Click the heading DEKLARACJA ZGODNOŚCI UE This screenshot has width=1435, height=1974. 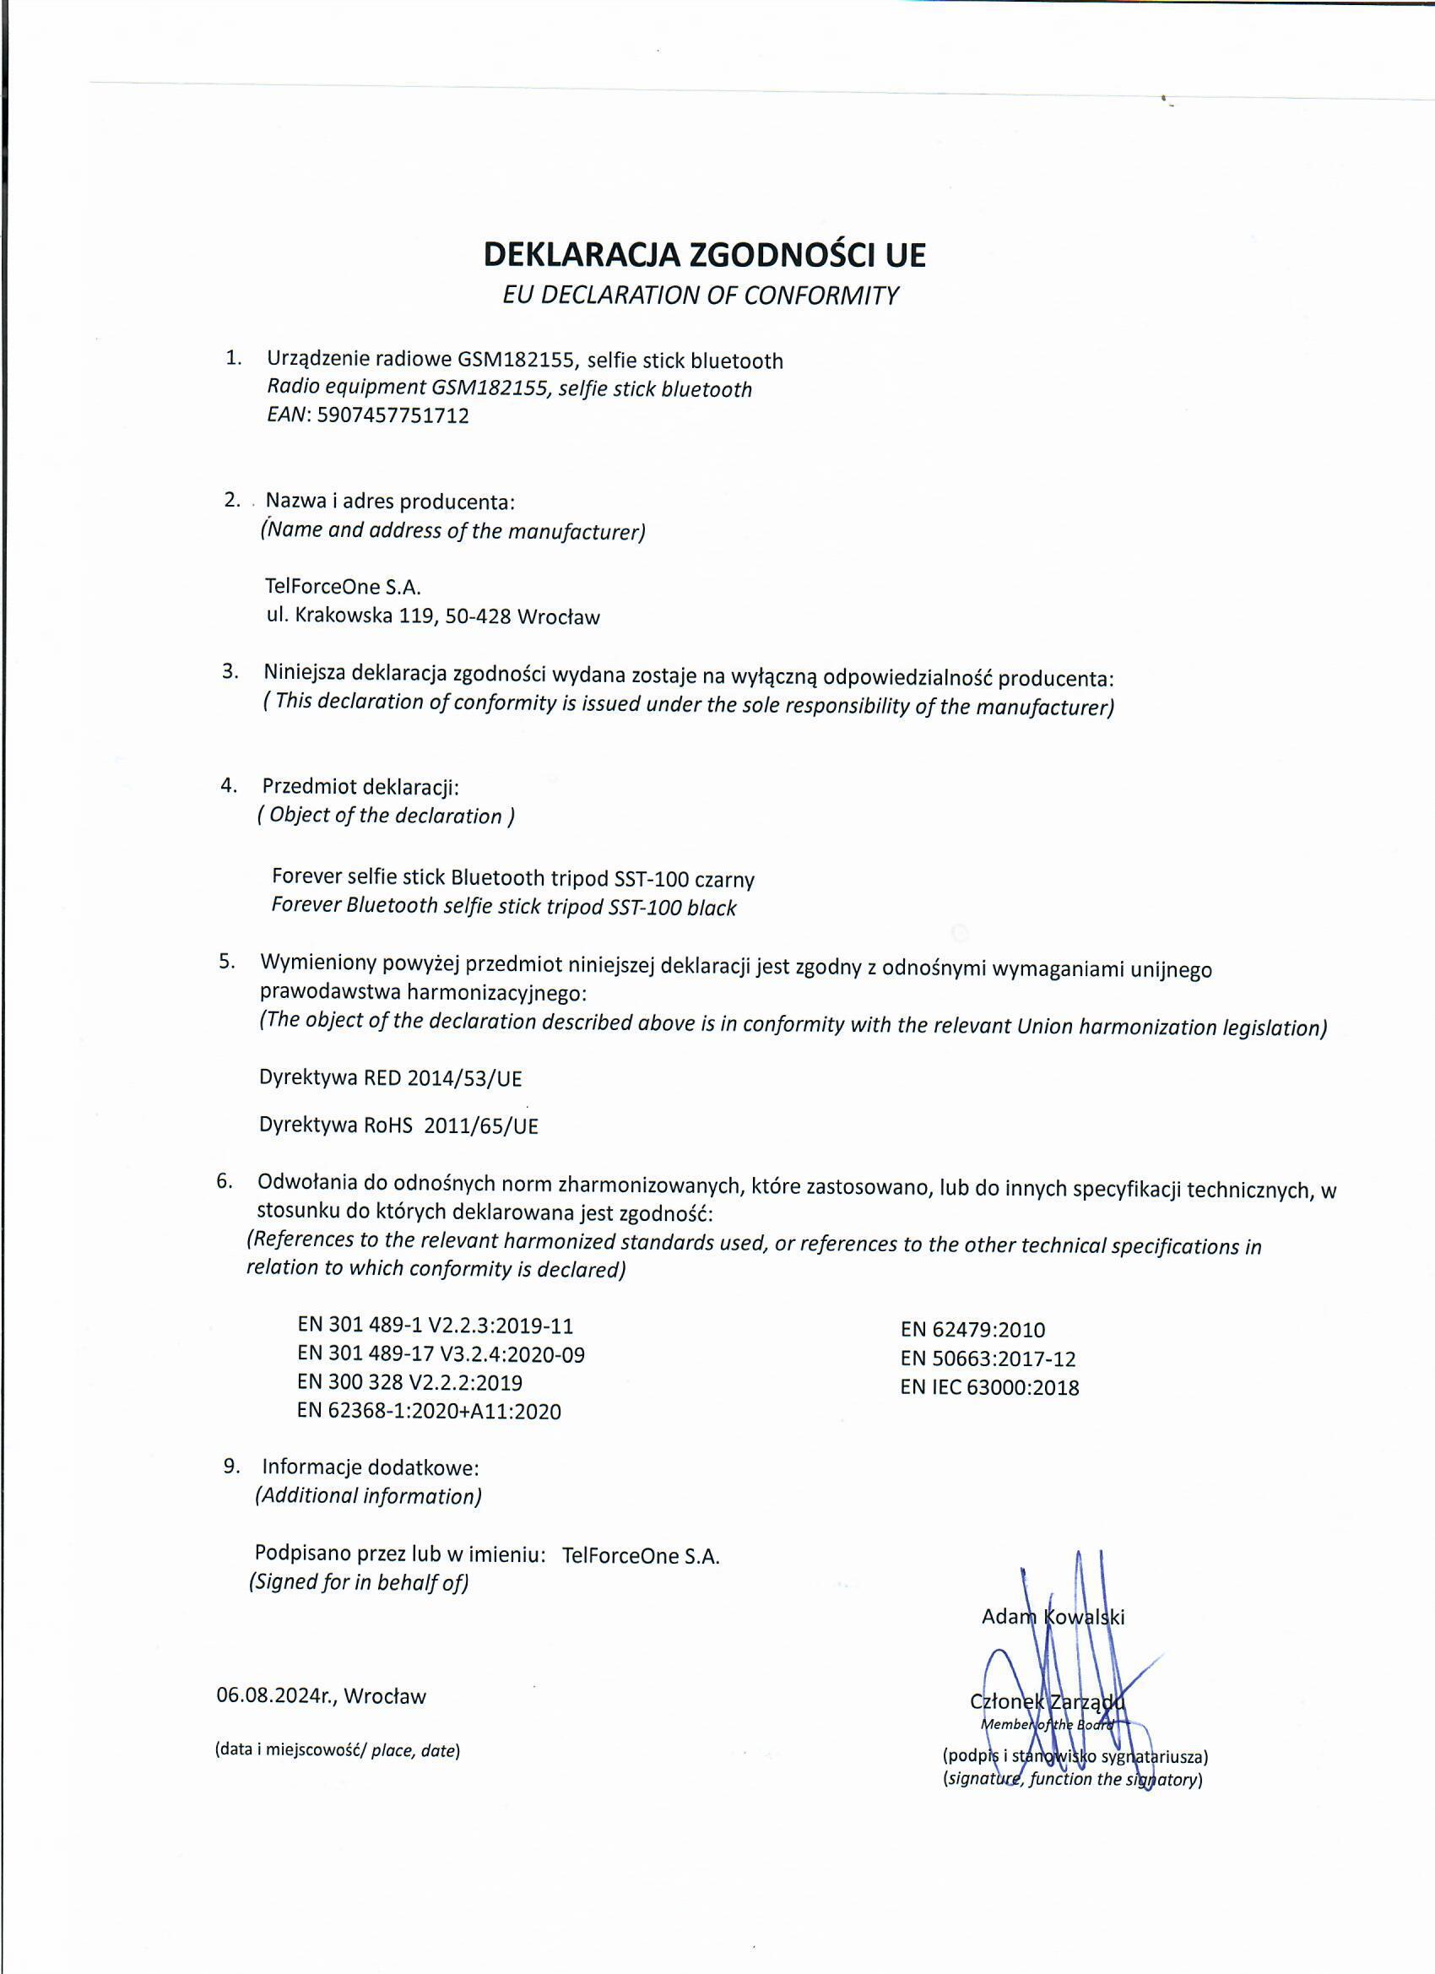(x=704, y=254)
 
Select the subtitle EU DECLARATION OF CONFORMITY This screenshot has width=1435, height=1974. (x=700, y=295)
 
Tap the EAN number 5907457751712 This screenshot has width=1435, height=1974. (x=393, y=415)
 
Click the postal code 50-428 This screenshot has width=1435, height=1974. (x=477, y=617)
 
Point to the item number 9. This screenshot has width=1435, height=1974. (x=230, y=1466)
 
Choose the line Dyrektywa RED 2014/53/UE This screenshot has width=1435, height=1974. (x=390, y=1078)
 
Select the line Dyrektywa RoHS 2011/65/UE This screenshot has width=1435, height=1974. (x=398, y=1125)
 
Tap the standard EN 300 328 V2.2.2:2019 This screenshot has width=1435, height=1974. (x=409, y=1382)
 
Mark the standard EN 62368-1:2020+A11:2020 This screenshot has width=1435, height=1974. (x=428, y=1411)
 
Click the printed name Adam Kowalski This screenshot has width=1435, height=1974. (x=1052, y=1617)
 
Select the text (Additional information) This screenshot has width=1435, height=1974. (x=368, y=1496)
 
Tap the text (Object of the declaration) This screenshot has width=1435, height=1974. (x=386, y=816)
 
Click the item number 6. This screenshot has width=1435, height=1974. (x=225, y=1181)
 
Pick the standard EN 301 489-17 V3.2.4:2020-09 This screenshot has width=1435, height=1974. (x=441, y=1354)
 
